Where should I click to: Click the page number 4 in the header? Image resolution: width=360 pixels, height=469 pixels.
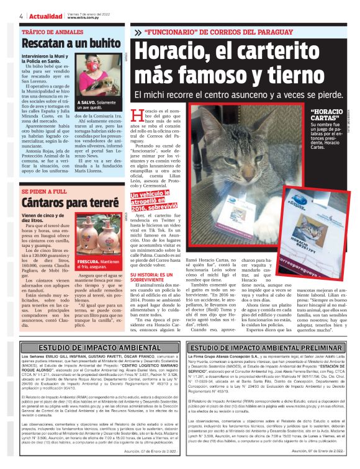click(20, 16)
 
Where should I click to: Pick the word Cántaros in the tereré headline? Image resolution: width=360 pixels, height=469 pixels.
click(45, 203)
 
